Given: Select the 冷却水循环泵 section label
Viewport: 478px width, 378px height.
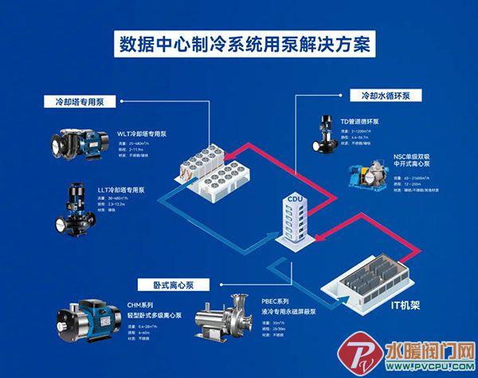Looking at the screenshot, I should pyautogui.click(x=380, y=95).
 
